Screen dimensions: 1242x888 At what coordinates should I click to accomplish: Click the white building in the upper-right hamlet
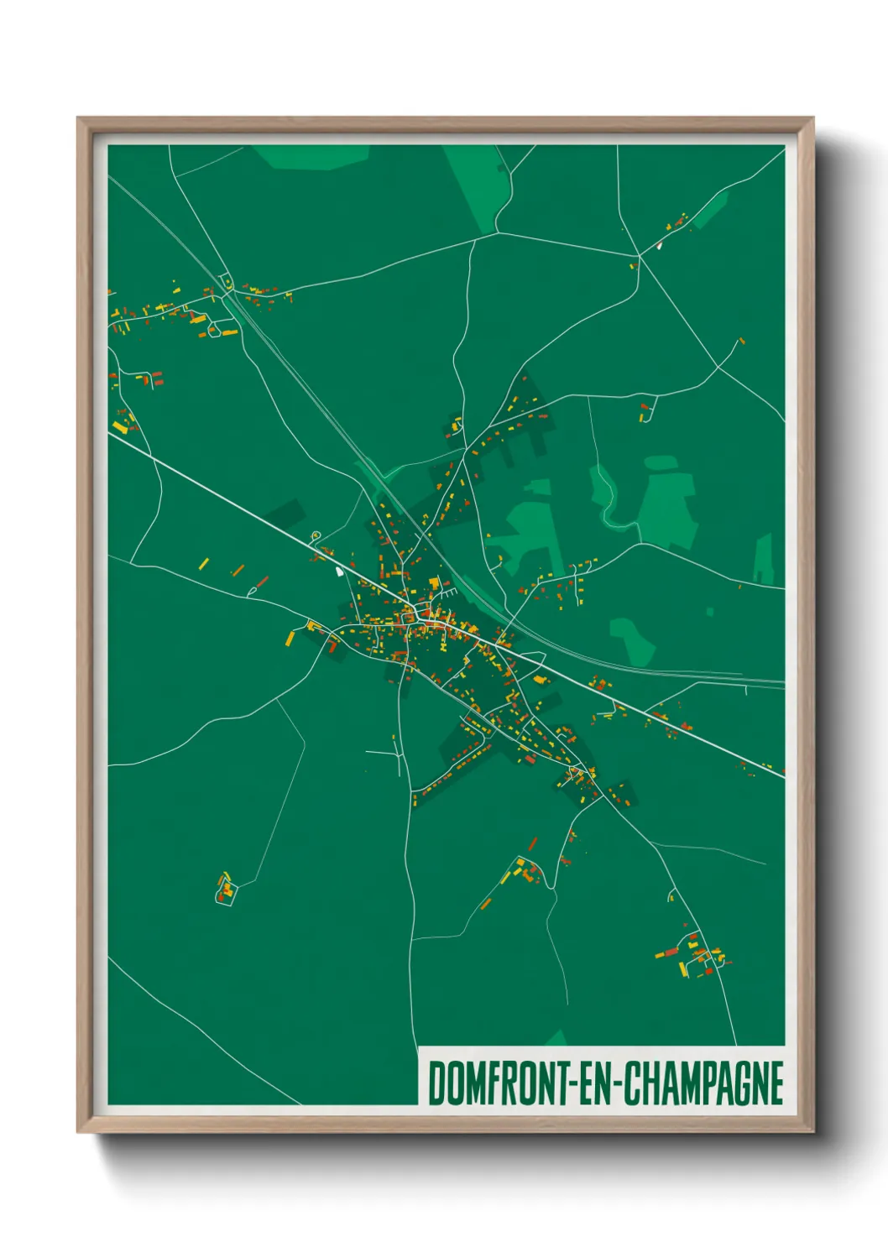tap(659, 246)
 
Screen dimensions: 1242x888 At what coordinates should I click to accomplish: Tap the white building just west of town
tap(339, 571)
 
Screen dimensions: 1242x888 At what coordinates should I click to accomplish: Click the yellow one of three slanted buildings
tap(204, 562)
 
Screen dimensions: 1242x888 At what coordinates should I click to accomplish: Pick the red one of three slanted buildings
tap(262, 581)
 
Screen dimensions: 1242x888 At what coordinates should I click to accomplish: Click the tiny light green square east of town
tap(710, 613)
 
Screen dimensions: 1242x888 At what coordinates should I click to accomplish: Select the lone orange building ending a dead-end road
tap(741, 342)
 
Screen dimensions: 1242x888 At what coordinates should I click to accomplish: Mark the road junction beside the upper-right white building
tap(640, 255)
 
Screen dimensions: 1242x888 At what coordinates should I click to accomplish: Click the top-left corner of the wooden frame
tap(78, 118)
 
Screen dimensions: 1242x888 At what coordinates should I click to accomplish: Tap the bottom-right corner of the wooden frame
tap(813, 1132)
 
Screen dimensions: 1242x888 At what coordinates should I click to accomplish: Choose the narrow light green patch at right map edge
tap(765, 559)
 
